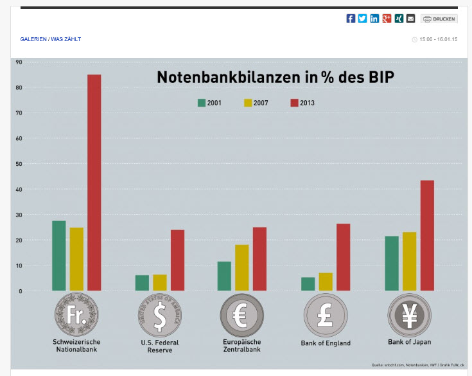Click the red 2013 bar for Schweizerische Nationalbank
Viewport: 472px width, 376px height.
(x=94, y=183)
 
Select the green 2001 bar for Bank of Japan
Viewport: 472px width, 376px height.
(x=391, y=264)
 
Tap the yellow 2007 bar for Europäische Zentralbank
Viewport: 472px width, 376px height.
(x=241, y=267)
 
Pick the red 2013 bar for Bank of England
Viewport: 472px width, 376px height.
(x=343, y=257)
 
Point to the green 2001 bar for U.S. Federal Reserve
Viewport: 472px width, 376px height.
(x=142, y=283)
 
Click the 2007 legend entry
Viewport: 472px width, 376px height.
(x=258, y=102)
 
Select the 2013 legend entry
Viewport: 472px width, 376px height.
(x=302, y=102)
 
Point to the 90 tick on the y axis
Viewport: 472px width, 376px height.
(x=19, y=62)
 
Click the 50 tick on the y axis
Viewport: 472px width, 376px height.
(x=19, y=164)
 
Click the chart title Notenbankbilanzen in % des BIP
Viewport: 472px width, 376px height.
(x=275, y=78)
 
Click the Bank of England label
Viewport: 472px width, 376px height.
(x=326, y=343)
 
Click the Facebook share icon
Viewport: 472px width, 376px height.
(x=351, y=19)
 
